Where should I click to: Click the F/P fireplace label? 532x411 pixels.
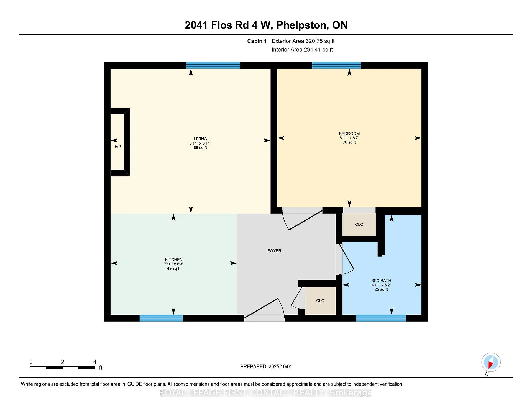pyautogui.click(x=118, y=147)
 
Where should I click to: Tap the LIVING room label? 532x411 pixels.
pyautogui.click(x=200, y=139)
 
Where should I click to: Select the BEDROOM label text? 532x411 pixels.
pyautogui.click(x=349, y=133)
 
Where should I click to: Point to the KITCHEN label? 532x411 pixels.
pyautogui.click(x=174, y=260)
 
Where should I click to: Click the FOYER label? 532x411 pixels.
pyautogui.click(x=274, y=251)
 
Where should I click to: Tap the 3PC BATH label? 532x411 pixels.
pyautogui.click(x=381, y=281)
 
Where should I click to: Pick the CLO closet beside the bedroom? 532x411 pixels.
pyautogui.click(x=359, y=224)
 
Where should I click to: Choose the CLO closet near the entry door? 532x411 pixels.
pyautogui.click(x=320, y=300)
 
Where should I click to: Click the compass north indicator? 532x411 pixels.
pyautogui.click(x=491, y=362)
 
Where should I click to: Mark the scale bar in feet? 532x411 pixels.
pyautogui.click(x=63, y=368)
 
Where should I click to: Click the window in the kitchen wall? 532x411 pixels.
pyautogui.click(x=161, y=318)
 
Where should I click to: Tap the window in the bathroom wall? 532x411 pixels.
pyautogui.click(x=381, y=318)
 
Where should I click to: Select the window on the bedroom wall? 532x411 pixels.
pyautogui.click(x=336, y=65)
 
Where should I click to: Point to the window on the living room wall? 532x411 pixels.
pyautogui.click(x=213, y=65)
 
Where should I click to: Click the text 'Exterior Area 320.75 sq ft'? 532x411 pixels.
pyautogui.click(x=303, y=41)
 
